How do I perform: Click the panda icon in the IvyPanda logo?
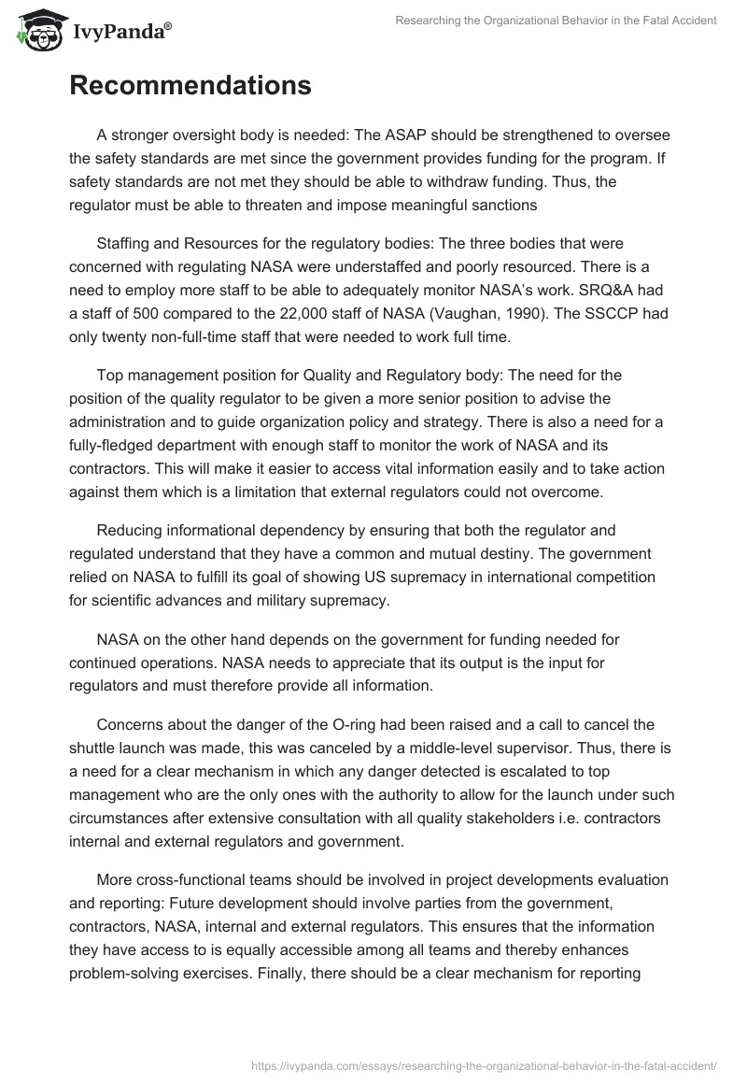(36, 30)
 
